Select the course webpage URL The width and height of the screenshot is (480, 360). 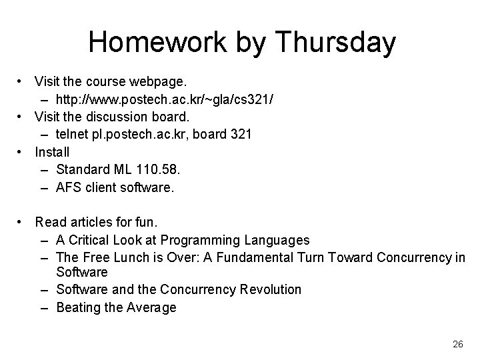tap(164, 99)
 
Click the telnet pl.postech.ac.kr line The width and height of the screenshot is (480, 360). tap(153, 134)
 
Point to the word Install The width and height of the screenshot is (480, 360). tap(52, 152)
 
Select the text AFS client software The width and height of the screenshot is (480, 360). tap(115, 188)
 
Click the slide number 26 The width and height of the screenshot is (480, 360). tap(457, 344)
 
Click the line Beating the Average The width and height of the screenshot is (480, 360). tap(116, 307)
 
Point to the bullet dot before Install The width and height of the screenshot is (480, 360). tap(22, 152)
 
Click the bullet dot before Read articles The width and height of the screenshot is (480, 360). tap(22, 221)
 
